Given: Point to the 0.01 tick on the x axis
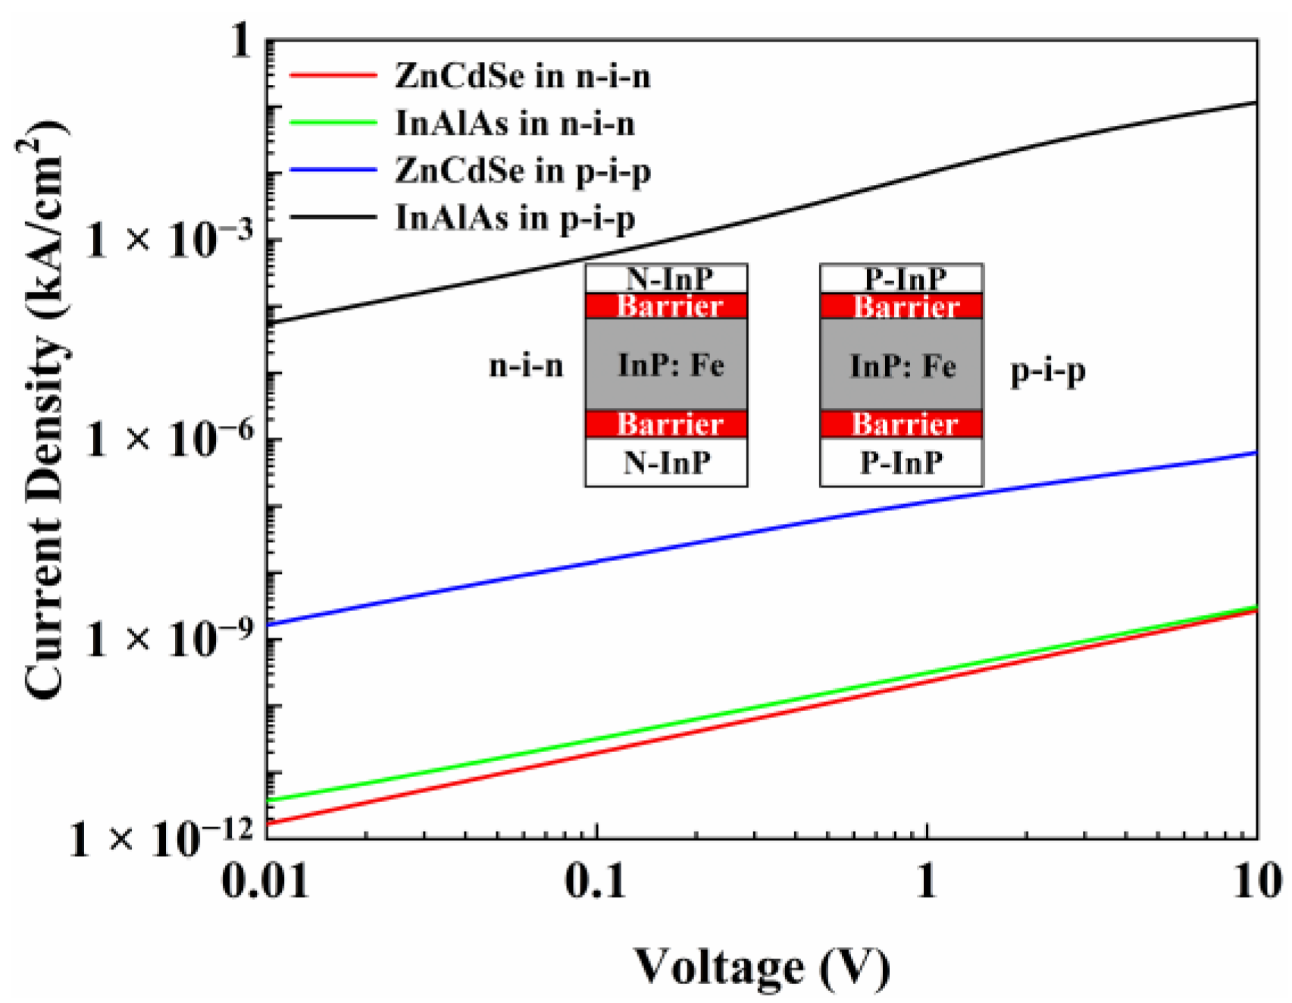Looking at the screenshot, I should pyautogui.click(x=265, y=882).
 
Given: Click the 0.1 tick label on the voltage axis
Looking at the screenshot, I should pyautogui.click(x=596, y=882).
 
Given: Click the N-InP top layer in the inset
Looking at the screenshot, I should pyautogui.click(x=667, y=279).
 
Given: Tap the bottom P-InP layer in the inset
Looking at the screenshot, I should pyautogui.click(x=902, y=462).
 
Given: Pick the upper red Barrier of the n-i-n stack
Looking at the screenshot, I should pyautogui.click(x=667, y=306).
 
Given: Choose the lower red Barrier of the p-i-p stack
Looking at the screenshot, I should pyautogui.click(x=902, y=425).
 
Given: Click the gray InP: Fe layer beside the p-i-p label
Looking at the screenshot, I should pyautogui.click(x=902, y=365).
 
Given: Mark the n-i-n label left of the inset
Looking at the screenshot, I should pyautogui.click(x=526, y=366).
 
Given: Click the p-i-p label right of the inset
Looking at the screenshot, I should pyautogui.click(x=1047, y=371).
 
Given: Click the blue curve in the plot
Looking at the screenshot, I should pyautogui.click(x=758, y=531).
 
